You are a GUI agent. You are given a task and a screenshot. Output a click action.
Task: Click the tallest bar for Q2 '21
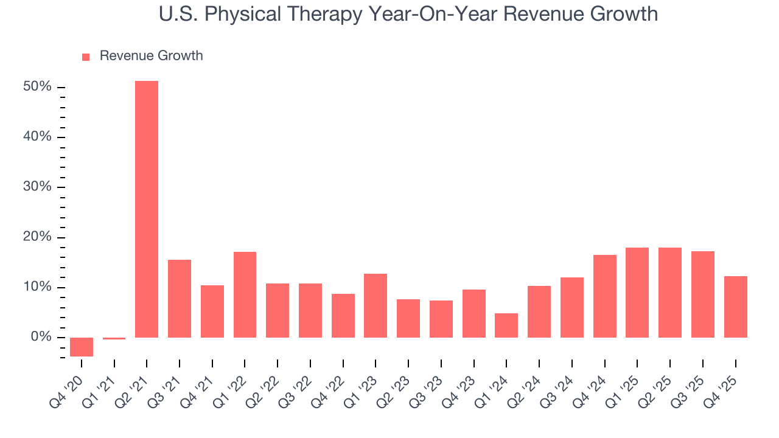point(147,209)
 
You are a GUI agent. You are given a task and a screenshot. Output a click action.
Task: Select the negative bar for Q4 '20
point(82,347)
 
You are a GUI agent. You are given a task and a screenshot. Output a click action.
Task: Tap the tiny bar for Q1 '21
point(114,338)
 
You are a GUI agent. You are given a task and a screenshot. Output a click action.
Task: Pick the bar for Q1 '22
point(245,294)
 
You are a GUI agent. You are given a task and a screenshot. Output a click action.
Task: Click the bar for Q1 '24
point(506,325)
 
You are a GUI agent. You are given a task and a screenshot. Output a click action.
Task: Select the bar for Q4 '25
point(735,307)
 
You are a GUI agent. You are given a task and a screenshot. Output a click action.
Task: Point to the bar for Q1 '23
point(376,305)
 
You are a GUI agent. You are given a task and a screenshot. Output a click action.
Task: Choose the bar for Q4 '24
point(605,296)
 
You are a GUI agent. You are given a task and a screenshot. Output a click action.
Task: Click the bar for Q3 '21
point(180,299)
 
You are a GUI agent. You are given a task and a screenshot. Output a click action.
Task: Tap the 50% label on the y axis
point(37,87)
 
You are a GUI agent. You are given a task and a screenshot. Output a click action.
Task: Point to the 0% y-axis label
point(41,337)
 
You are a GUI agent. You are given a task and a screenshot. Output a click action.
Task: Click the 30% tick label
point(37,187)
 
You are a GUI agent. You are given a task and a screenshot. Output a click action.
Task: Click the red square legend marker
point(86,57)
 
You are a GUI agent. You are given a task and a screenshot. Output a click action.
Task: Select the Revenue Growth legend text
point(151,56)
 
